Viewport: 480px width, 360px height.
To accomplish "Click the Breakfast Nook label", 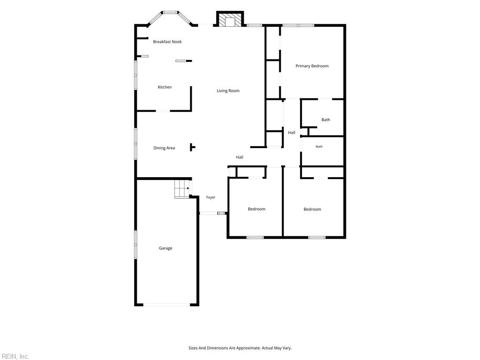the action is [x=167, y=42].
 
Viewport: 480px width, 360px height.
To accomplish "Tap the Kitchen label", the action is [x=165, y=87].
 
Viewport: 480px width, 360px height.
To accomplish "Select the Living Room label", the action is [x=228, y=90].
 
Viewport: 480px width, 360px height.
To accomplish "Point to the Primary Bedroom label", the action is [x=312, y=66].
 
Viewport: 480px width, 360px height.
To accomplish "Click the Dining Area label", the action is [x=164, y=148].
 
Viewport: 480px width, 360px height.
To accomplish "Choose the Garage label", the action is [x=165, y=248].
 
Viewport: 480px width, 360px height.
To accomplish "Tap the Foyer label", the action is [x=210, y=197].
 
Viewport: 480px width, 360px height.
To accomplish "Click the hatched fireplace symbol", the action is [x=230, y=20].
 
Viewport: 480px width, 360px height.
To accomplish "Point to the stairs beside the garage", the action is [x=182, y=189].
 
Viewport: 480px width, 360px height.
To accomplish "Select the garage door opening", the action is [x=167, y=305].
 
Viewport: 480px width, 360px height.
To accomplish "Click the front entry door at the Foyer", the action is [x=209, y=213].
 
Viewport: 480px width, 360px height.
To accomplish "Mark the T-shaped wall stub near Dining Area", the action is [x=193, y=147].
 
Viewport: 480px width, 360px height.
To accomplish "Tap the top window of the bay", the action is [x=170, y=13].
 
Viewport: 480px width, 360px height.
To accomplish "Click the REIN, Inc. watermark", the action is [x=15, y=356].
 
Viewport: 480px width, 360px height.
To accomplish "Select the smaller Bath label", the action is [x=319, y=147].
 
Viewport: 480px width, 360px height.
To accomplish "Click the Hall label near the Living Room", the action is [x=240, y=157].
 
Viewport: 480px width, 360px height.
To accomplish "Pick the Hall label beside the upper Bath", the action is [x=292, y=133].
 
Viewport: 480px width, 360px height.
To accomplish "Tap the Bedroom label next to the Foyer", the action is [x=256, y=209].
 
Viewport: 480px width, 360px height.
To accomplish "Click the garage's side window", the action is [x=135, y=245].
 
